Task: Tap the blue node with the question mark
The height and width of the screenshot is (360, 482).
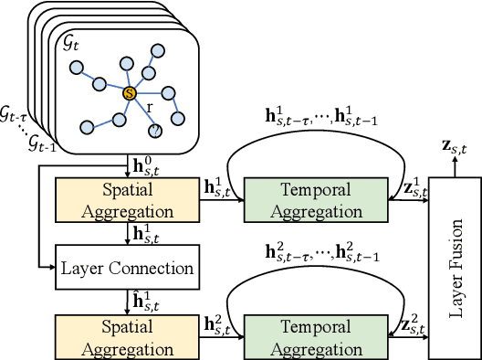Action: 156,130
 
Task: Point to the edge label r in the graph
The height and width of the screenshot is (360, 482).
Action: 149,106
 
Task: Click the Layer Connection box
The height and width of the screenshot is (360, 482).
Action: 128,268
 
